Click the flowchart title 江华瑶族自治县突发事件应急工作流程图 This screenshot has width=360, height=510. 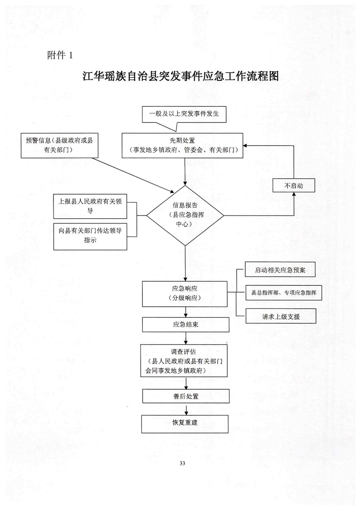click(180, 76)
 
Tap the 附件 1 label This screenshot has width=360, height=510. click(59, 55)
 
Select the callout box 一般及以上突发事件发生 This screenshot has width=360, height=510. click(184, 114)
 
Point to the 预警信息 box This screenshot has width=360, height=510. click(59, 145)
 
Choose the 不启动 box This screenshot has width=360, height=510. click(293, 185)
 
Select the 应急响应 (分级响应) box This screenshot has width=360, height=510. click(184, 294)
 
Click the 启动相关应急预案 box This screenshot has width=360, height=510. click(280, 270)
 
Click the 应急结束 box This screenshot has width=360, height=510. click(184, 324)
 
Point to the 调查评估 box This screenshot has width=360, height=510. click(184, 361)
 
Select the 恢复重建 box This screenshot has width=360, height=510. click(185, 422)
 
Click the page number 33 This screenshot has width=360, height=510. click(182, 463)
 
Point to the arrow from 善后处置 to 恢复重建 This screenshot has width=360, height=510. click(185, 408)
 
